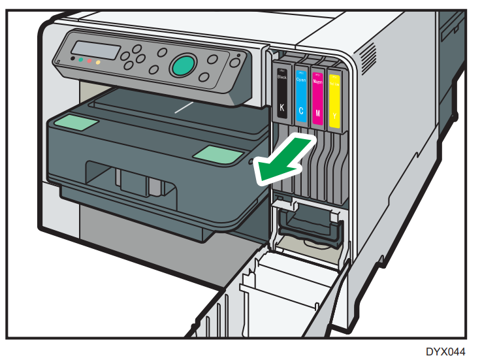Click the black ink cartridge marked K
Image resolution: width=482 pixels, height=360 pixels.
281,95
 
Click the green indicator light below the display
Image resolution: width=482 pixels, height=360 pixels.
80,59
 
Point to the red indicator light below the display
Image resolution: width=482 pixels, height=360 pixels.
89,61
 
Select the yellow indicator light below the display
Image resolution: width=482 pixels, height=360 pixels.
98,63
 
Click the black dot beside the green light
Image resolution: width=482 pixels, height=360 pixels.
71,59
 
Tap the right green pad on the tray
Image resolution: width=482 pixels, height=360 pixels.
217,154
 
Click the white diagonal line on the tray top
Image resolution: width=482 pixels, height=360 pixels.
184,106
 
